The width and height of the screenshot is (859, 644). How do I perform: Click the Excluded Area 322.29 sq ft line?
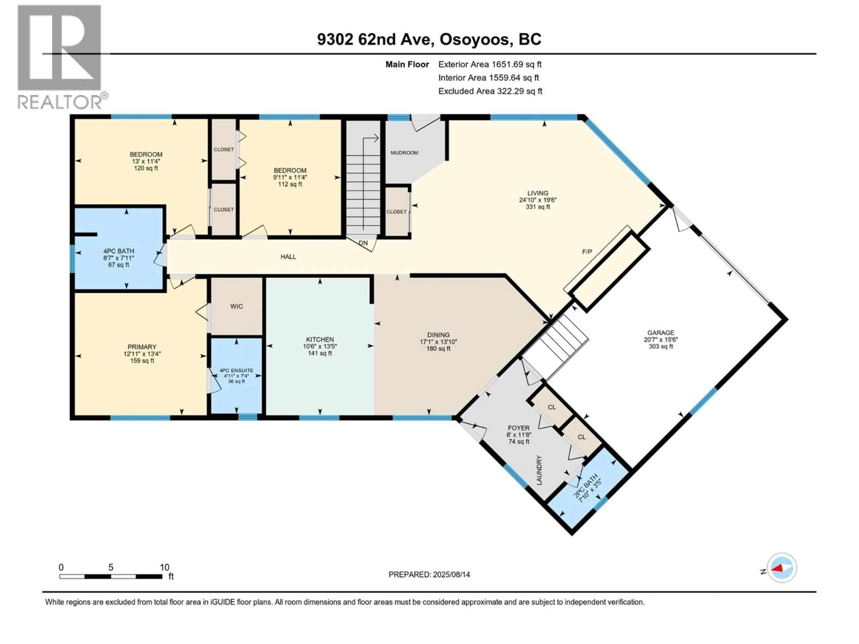tap(490, 91)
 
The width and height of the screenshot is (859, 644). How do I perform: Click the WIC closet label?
tap(236, 306)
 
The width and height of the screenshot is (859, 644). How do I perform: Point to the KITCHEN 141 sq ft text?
tap(320, 353)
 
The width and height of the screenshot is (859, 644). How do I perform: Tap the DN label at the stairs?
tap(363, 243)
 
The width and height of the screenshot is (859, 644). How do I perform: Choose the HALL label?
tap(288, 256)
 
